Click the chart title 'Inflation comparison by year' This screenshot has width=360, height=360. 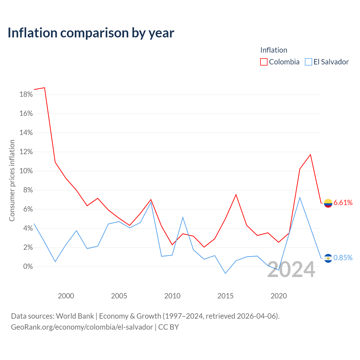tap(91, 33)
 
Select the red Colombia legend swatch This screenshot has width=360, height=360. tap(264, 62)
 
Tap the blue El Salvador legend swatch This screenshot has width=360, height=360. tap(308, 62)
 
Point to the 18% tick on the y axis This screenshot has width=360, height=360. tap(26, 94)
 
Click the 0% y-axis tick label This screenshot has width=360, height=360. tap(28, 266)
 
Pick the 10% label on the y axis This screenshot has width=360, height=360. tap(26, 171)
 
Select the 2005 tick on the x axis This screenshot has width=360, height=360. tap(119, 296)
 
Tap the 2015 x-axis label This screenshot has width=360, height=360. tap(225, 296)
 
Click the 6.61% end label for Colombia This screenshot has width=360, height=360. tap(343, 202)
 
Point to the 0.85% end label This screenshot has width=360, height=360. tap(343, 258)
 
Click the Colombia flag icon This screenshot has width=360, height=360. tap(328, 203)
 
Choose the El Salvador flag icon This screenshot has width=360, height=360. tap(328, 258)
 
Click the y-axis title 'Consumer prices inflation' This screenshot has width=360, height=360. tap(12, 181)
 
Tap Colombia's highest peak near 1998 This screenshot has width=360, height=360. tap(44, 88)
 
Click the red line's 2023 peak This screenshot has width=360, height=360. tap(310, 155)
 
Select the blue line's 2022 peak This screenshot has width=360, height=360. tap(300, 197)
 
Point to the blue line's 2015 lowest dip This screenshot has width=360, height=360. tap(225, 273)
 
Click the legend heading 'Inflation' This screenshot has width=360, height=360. tap(274, 50)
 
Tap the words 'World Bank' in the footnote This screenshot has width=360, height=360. tap(75, 316)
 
